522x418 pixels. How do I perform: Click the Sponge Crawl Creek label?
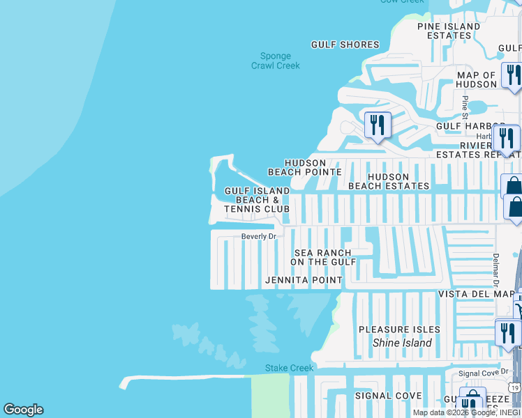[x=276, y=61]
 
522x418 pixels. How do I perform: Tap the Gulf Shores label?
[x=345, y=45]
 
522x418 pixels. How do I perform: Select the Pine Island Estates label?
[x=449, y=31]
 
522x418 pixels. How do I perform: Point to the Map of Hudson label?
[x=476, y=79]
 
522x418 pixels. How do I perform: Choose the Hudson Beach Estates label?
[x=389, y=182]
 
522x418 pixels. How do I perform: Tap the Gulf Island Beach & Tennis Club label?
[x=257, y=200]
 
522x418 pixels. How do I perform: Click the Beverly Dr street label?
[x=259, y=236]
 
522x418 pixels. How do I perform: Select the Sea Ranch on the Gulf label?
[x=323, y=257]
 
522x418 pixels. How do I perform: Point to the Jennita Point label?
[x=304, y=280]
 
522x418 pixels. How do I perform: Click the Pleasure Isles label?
[x=399, y=330]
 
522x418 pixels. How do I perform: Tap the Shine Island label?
[x=402, y=343]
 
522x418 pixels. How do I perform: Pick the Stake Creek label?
[x=290, y=368]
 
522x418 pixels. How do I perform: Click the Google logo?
[x=23, y=410]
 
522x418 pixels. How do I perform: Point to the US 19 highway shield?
[x=514, y=387]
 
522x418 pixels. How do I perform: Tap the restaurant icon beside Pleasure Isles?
[x=507, y=334]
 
